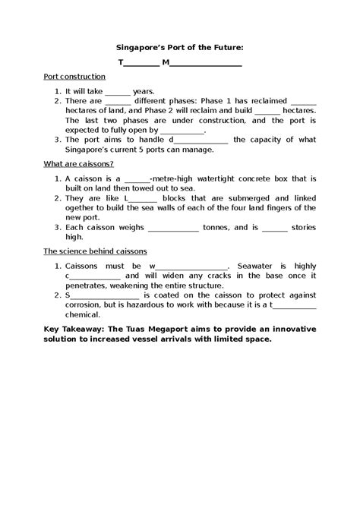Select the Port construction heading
[x=74, y=77]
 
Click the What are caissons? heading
[x=79, y=164]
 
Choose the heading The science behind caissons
[x=95, y=251]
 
